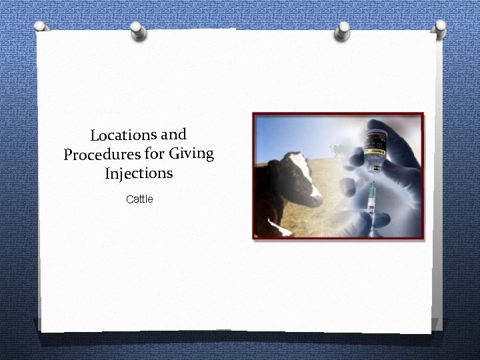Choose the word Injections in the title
[x=139, y=175]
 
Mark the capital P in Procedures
[x=68, y=158]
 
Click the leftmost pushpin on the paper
[x=41, y=27]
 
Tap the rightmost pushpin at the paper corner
[x=439, y=27]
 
